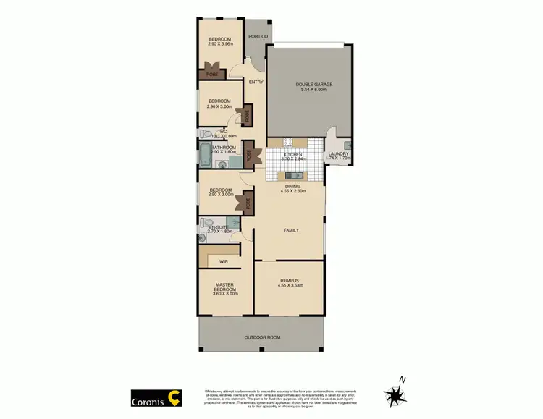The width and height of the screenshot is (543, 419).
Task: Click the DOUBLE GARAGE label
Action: pos(313,85)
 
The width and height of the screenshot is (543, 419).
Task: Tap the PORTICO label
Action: pos(258,36)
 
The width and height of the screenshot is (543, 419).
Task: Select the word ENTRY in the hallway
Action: pos(256,82)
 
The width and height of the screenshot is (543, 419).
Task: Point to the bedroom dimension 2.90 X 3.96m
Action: pos(220,44)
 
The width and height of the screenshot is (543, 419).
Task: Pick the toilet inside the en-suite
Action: pos(206,223)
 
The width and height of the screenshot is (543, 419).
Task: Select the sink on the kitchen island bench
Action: pos(294,175)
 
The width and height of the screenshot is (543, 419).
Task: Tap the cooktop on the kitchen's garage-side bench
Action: pos(287,142)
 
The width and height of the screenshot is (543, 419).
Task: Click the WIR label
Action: pos(224,261)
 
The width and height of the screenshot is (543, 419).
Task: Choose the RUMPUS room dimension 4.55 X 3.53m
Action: pos(290,285)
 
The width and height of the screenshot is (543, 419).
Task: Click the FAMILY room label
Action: pos(290,230)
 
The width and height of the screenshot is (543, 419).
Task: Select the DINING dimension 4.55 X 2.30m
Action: pos(294,191)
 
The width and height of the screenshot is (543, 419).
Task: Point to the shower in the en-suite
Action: pos(232,221)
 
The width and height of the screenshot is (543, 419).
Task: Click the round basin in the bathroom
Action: pos(224,164)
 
